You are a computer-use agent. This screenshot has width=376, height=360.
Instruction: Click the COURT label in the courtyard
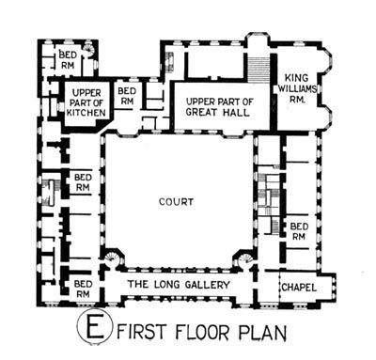176,202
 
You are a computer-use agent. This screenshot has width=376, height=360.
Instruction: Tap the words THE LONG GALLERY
179,285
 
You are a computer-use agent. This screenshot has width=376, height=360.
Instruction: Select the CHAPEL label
299,288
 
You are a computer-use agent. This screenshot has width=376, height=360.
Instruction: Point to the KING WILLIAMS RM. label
297,89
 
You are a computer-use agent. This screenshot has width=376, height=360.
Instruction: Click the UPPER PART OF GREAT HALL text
219,107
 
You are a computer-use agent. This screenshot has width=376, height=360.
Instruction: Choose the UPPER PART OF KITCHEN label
86,102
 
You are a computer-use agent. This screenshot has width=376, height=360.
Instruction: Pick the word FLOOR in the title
202,333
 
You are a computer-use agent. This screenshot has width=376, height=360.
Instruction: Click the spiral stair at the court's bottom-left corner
111,258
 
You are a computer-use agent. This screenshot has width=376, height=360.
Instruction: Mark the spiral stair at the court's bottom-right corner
245,259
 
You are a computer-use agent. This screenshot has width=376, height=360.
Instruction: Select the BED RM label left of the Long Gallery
83,289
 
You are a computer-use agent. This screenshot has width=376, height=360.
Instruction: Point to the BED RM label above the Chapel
299,231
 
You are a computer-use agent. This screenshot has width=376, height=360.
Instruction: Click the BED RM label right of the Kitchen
127,96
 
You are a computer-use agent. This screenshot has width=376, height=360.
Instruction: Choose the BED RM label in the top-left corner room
68,60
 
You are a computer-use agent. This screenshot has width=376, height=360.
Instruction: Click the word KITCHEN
86,113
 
